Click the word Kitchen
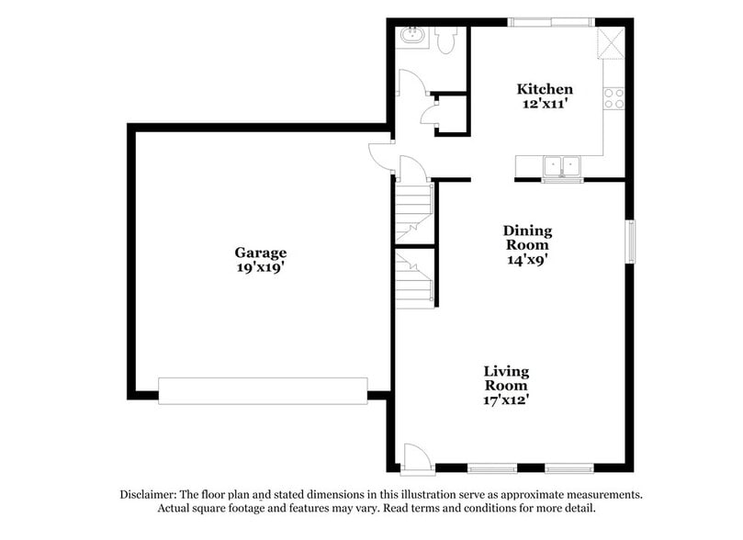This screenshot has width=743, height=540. coord(545,89)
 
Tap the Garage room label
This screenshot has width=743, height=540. coord(260,253)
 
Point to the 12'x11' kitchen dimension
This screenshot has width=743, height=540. coord(545,105)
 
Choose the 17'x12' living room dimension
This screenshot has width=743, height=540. coord(506,400)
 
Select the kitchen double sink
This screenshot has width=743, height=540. coord(562,166)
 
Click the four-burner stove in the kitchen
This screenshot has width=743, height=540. coord(614,97)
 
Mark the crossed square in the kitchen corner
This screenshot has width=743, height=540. coord(610,43)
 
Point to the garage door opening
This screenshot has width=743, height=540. coord(263,390)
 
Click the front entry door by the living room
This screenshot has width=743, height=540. coord(415,456)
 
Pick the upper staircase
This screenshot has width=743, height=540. coord(413,210)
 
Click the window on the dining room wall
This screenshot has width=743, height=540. coord(631,241)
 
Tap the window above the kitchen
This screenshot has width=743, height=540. coord(551,21)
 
